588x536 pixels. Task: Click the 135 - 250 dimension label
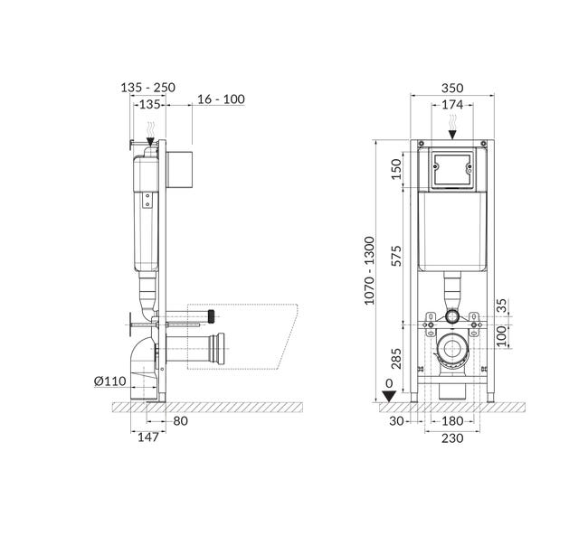pyautogui.click(x=147, y=88)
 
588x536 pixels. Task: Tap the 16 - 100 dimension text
pyautogui.click(x=221, y=99)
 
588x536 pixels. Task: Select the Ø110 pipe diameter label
pyautogui.click(x=109, y=381)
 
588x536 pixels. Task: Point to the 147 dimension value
pyautogui.click(x=148, y=437)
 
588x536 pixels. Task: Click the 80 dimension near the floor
pyautogui.click(x=180, y=421)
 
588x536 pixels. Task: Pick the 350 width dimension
pyautogui.click(x=452, y=88)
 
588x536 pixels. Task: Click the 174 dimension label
pyautogui.click(x=452, y=105)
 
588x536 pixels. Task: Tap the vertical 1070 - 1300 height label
pyautogui.click(x=369, y=270)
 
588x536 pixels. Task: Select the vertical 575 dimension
pyautogui.click(x=395, y=256)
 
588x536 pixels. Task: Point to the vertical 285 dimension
pyautogui.click(x=395, y=359)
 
